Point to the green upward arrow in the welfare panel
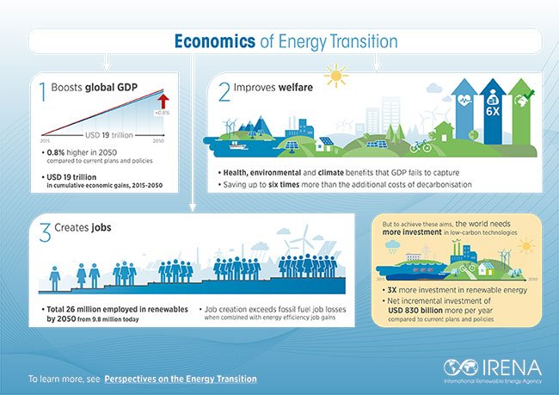coord(523,112)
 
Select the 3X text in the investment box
coord(390,291)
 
